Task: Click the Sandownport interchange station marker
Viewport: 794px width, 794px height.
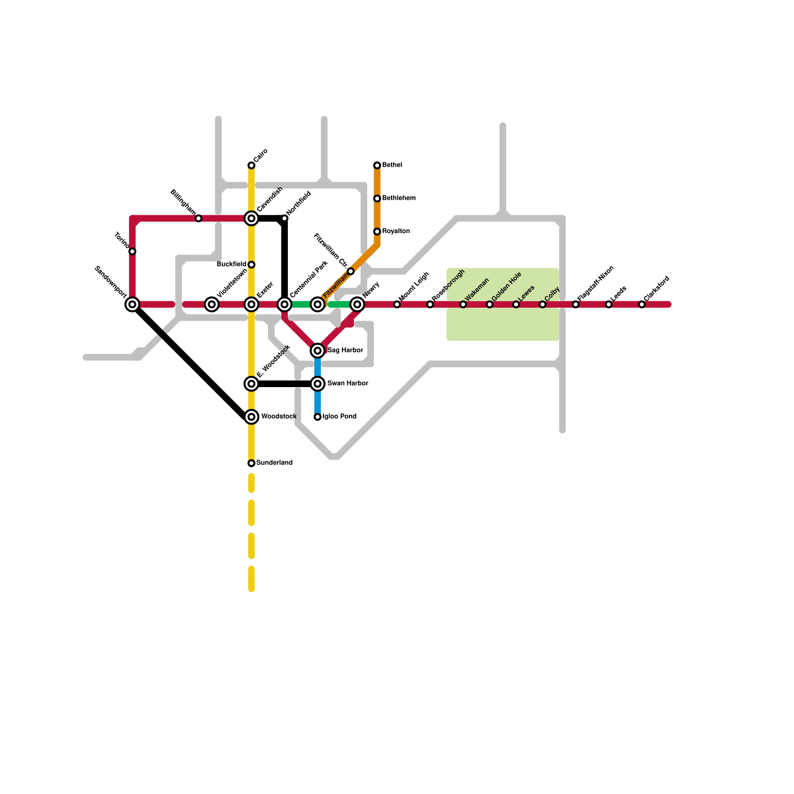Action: [132, 304]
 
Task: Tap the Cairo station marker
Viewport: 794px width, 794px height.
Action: [252, 165]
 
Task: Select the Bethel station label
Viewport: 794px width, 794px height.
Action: [392, 165]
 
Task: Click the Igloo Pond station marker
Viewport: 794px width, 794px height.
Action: [318, 417]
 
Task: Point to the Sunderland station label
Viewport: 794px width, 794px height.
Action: [274, 463]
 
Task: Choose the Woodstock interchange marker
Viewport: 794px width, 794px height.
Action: [252, 417]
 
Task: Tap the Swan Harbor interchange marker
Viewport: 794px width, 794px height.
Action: [318, 384]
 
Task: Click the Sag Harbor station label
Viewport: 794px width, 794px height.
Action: [345, 350]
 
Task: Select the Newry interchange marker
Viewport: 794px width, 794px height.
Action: [357, 304]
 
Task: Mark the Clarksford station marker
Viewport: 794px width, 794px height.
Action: [642, 304]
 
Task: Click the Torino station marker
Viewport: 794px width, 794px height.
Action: [132, 252]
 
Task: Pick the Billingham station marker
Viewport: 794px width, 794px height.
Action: [198, 218]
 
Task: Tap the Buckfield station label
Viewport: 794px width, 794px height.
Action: [231, 265]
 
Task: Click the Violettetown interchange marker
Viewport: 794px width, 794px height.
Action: [212, 304]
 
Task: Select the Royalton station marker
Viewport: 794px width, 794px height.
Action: [377, 232]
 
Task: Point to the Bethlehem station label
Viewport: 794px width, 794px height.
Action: [399, 198]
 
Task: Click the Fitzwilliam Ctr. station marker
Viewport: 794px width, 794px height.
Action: [351, 271]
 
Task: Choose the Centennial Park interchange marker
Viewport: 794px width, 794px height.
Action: [284, 304]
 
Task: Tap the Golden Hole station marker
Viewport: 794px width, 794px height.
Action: [490, 304]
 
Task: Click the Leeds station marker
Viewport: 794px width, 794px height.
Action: [609, 304]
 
